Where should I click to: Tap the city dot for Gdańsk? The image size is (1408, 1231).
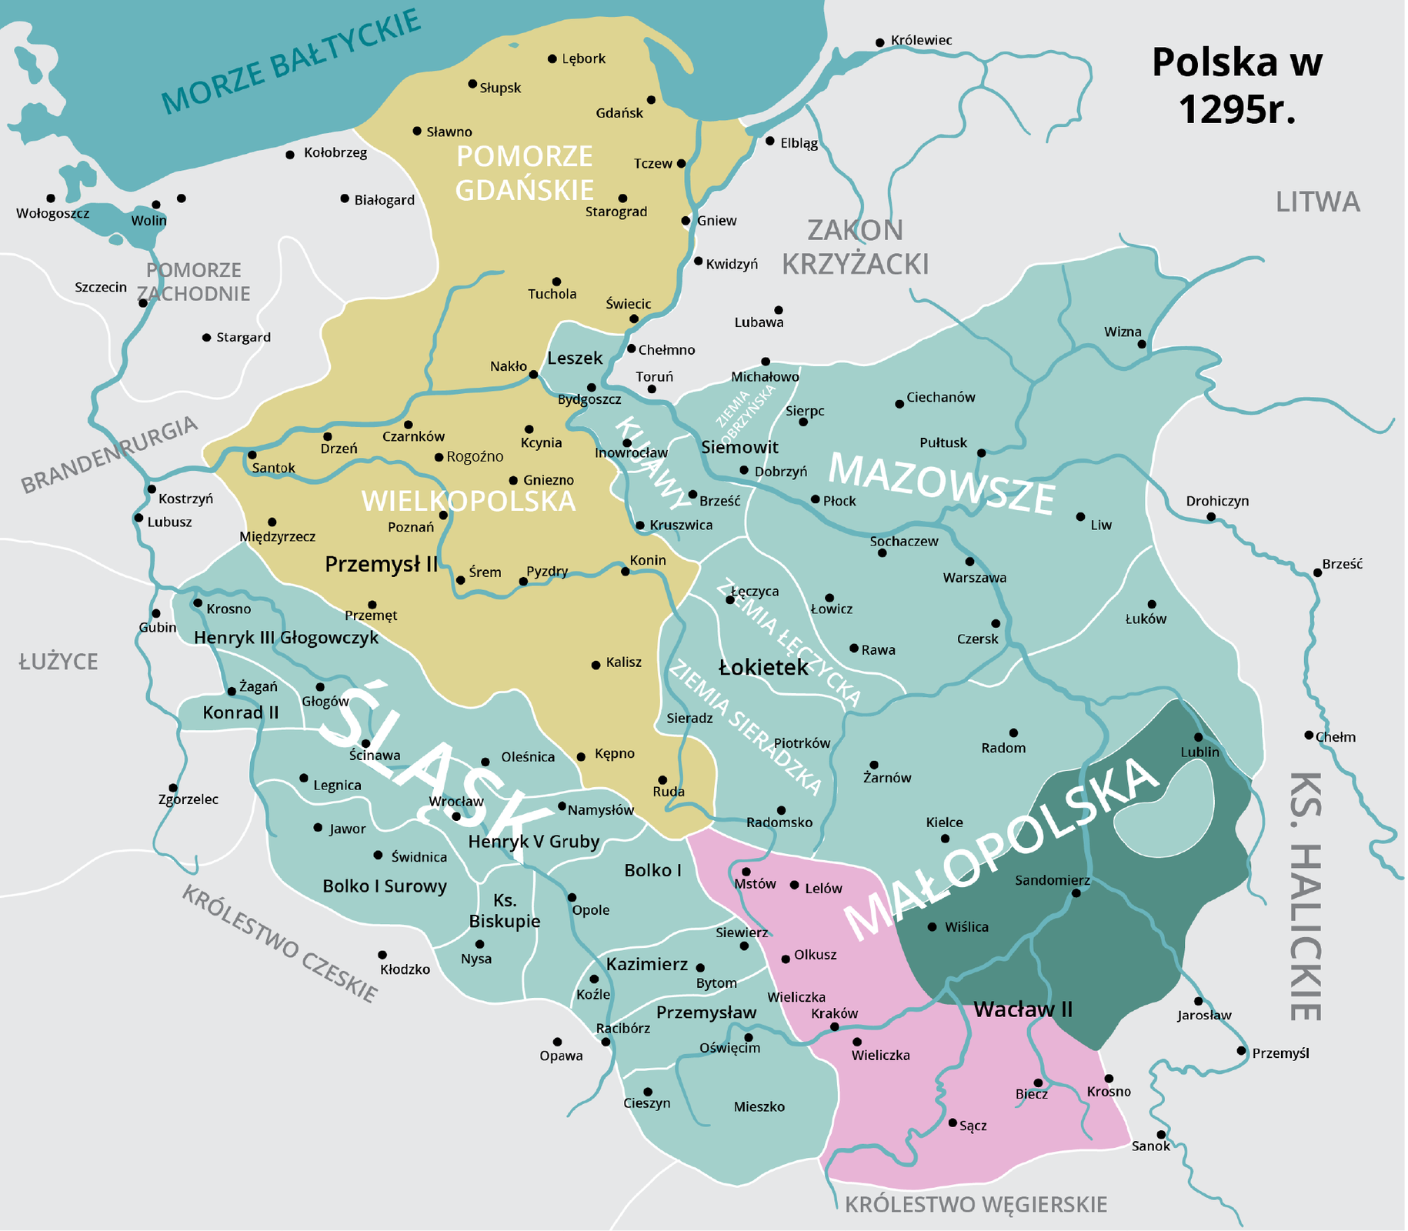(651, 100)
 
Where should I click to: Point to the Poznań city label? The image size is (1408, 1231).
(411, 527)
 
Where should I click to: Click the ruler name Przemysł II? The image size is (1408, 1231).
(381, 564)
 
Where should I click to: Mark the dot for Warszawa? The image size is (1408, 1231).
(969, 562)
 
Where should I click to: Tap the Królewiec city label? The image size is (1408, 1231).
(921, 40)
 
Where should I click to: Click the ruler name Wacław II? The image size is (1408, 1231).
(1023, 1009)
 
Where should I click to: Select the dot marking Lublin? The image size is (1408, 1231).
(1198, 737)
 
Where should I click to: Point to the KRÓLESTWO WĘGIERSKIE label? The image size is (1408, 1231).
(976, 1204)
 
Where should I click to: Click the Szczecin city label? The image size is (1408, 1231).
(101, 287)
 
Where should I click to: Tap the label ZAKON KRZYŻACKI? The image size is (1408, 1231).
(855, 246)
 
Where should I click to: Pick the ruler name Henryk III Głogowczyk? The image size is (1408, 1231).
(286, 637)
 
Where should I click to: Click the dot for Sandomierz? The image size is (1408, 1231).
(1076, 893)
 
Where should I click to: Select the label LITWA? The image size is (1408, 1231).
(1317, 202)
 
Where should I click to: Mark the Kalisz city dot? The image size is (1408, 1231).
(596, 665)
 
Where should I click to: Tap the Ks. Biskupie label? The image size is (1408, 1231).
(505, 910)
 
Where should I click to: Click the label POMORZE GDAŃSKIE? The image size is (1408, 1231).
(524, 172)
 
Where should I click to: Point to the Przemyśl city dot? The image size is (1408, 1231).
(1241, 1050)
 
